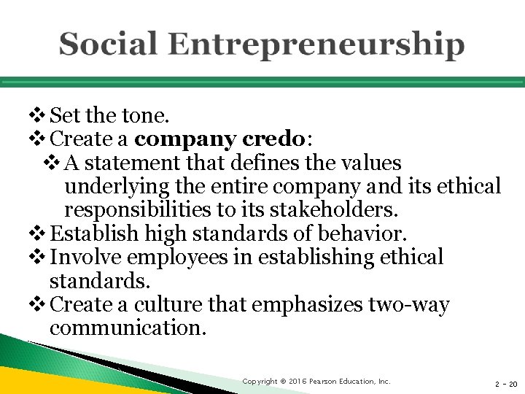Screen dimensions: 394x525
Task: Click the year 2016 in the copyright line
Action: (296, 382)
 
